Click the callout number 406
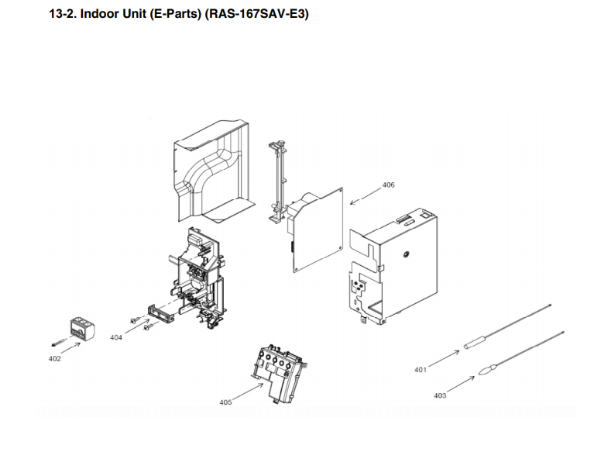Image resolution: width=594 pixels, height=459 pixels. [388, 185]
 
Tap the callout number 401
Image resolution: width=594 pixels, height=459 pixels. [420, 370]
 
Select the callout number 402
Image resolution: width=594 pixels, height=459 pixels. [54, 358]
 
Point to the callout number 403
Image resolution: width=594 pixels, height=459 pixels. [440, 395]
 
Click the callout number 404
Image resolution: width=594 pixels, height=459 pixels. [116, 337]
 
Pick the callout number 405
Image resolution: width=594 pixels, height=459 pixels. [225, 402]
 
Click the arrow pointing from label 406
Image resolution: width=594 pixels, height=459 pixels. [366, 196]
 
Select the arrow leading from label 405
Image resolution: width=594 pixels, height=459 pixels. [248, 392]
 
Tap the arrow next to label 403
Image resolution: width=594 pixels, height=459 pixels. [461, 385]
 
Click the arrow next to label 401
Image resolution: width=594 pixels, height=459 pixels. [444, 359]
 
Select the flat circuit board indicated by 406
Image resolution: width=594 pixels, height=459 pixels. [319, 230]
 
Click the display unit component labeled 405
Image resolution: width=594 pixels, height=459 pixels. [280, 371]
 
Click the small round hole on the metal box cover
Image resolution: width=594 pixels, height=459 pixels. [406, 254]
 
